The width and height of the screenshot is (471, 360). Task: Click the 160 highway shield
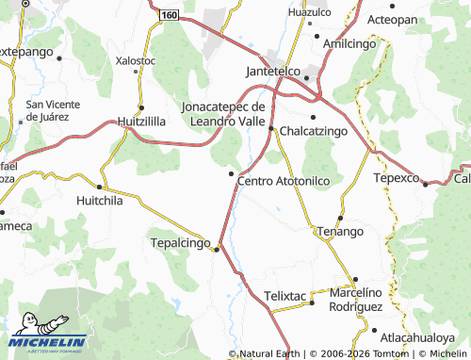coord(168,17)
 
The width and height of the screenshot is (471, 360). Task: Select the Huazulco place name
coord(309,12)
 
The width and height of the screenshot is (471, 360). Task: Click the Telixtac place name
coord(286,295)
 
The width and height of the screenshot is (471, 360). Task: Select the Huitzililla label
coord(141,122)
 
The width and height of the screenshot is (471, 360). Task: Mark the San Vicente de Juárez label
coord(58,110)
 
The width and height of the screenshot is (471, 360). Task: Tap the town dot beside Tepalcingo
coord(216,250)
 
